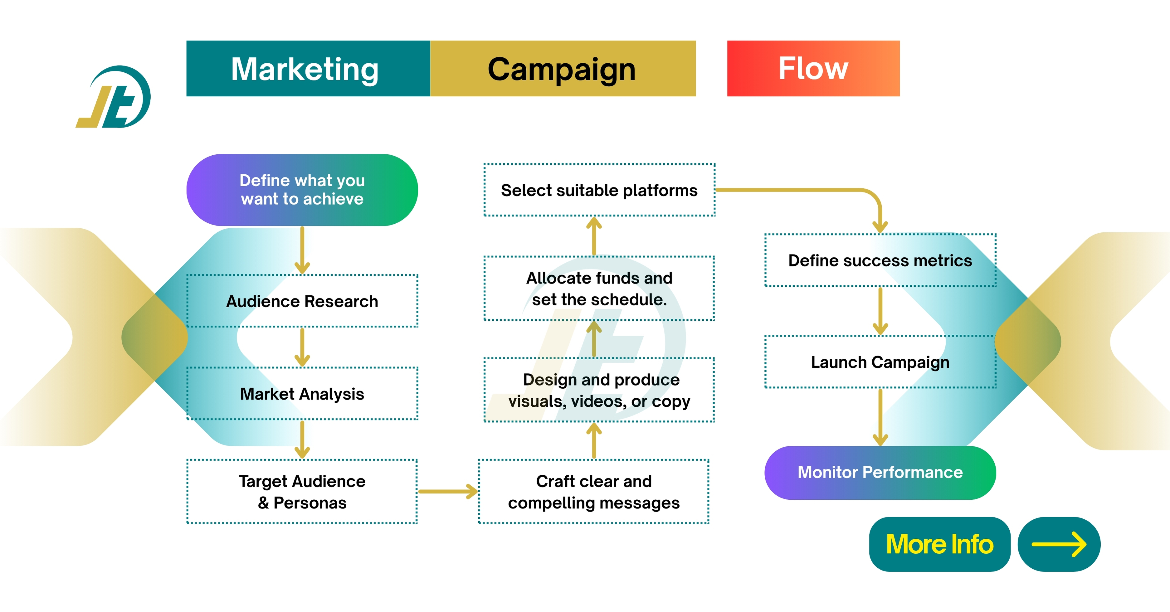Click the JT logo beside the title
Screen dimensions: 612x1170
pyautogui.click(x=114, y=97)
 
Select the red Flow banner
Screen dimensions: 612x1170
pyautogui.click(x=813, y=69)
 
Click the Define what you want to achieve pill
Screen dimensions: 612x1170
pyautogui.click(x=302, y=190)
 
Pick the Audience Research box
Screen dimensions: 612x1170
pyautogui.click(x=302, y=301)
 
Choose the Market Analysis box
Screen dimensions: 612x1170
pyautogui.click(x=302, y=394)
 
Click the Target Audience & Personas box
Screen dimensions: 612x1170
pyautogui.click(x=302, y=492)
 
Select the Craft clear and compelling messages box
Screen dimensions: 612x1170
pyautogui.click(x=594, y=492)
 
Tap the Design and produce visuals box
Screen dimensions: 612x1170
pyautogui.click(x=599, y=390)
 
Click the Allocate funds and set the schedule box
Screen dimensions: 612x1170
pyautogui.click(x=599, y=288)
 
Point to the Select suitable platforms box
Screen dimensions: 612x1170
pyautogui.click(x=599, y=190)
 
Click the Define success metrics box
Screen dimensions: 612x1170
pyautogui.click(x=880, y=260)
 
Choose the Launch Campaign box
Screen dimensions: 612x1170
pyautogui.click(x=880, y=362)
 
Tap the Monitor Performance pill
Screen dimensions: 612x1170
pyautogui.click(x=880, y=473)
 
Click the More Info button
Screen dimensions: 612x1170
pyautogui.click(x=939, y=544)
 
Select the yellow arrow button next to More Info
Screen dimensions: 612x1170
pyautogui.click(x=1059, y=544)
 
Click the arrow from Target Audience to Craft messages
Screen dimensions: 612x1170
pyautogui.click(x=447, y=491)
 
